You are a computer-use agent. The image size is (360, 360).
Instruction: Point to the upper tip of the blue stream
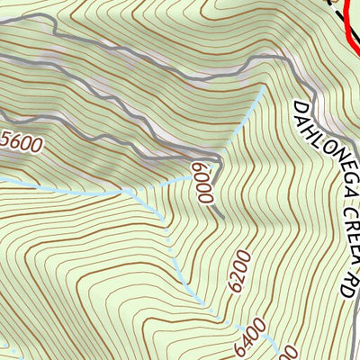point(263,89)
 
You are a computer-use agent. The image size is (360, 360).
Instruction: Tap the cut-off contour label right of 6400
point(290,352)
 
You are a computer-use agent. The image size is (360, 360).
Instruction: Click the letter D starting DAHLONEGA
point(296,107)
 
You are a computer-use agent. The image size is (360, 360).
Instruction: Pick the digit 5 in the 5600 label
point(6,138)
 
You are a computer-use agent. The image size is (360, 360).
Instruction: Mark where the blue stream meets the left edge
point(2,179)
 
